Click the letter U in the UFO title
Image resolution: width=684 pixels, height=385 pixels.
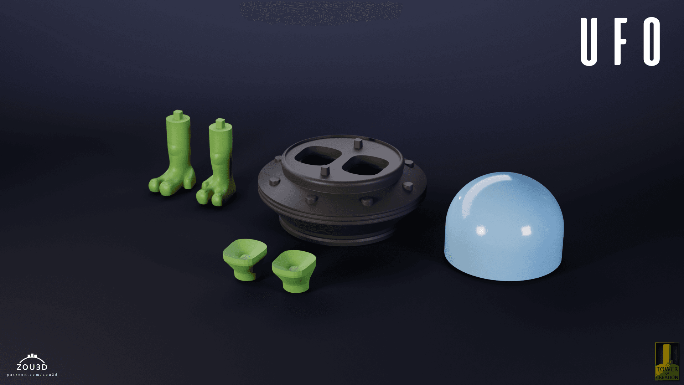[x=589, y=42]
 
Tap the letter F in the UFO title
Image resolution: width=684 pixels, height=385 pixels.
[x=620, y=42]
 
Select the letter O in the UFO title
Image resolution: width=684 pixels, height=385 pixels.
[x=652, y=42]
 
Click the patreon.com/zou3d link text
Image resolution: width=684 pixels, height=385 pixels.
[x=32, y=375]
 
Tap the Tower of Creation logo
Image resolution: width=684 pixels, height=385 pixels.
[x=667, y=361]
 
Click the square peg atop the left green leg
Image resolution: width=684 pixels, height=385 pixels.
[x=178, y=114]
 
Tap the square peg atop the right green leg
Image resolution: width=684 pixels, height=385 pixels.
[x=220, y=123]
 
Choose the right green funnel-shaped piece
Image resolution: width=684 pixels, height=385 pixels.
[x=294, y=269]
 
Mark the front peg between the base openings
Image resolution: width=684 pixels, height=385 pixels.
[x=325, y=171]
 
